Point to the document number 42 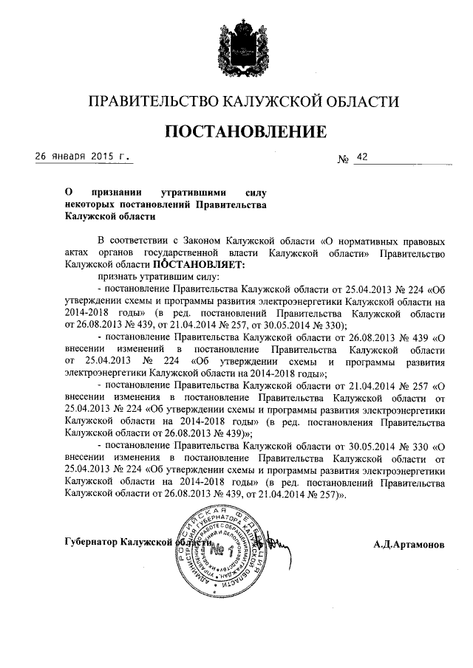(361, 157)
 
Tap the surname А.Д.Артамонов (409, 545)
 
